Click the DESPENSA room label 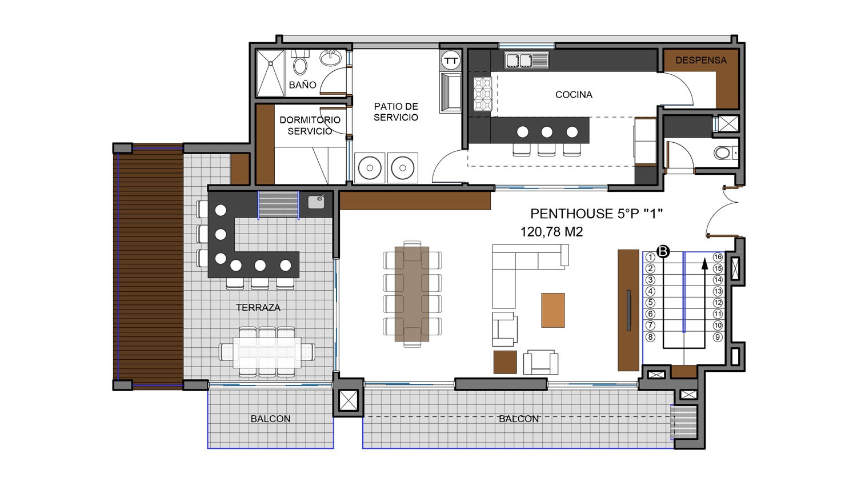click(701, 60)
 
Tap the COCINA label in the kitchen click(574, 94)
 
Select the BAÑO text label click(302, 85)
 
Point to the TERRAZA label click(258, 307)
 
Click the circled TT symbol click(451, 61)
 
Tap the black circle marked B click(663, 251)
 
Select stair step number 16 click(718, 257)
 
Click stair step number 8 click(650, 337)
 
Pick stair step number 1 click(650, 257)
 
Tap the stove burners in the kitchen click(482, 94)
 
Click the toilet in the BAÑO click(300, 64)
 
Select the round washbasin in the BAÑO click(331, 58)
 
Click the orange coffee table click(553, 310)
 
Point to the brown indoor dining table click(412, 294)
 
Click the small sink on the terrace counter click(317, 202)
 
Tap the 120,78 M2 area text click(551, 232)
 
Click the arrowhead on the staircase click(704, 264)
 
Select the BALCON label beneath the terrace click(270, 419)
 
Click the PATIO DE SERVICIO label click(396, 112)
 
